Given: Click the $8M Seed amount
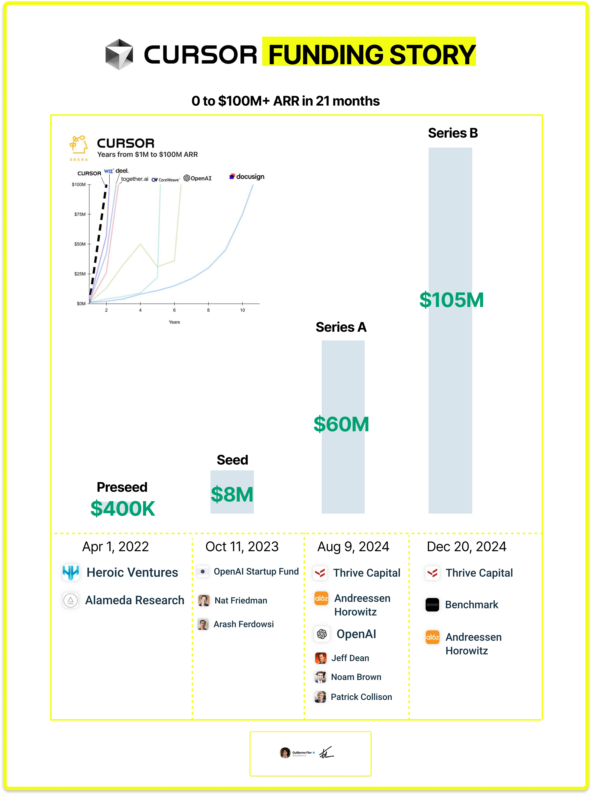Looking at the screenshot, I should click(x=232, y=494).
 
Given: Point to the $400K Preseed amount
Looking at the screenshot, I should click(x=122, y=509).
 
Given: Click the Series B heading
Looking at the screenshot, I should click(x=453, y=133).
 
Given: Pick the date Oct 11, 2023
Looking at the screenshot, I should click(x=242, y=546).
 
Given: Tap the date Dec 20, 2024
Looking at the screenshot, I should click(x=466, y=546).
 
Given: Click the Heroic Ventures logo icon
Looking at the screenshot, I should click(x=71, y=572).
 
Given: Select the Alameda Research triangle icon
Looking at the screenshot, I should click(x=71, y=600).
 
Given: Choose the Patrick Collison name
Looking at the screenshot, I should click(x=361, y=697).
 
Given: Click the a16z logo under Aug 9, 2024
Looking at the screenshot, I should click(x=321, y=598).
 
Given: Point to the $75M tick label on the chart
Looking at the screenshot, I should click(x=80, y=214).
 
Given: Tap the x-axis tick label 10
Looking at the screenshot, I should click(x=242, y=310).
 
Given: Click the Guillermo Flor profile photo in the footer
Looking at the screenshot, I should click(x=285, y=753).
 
